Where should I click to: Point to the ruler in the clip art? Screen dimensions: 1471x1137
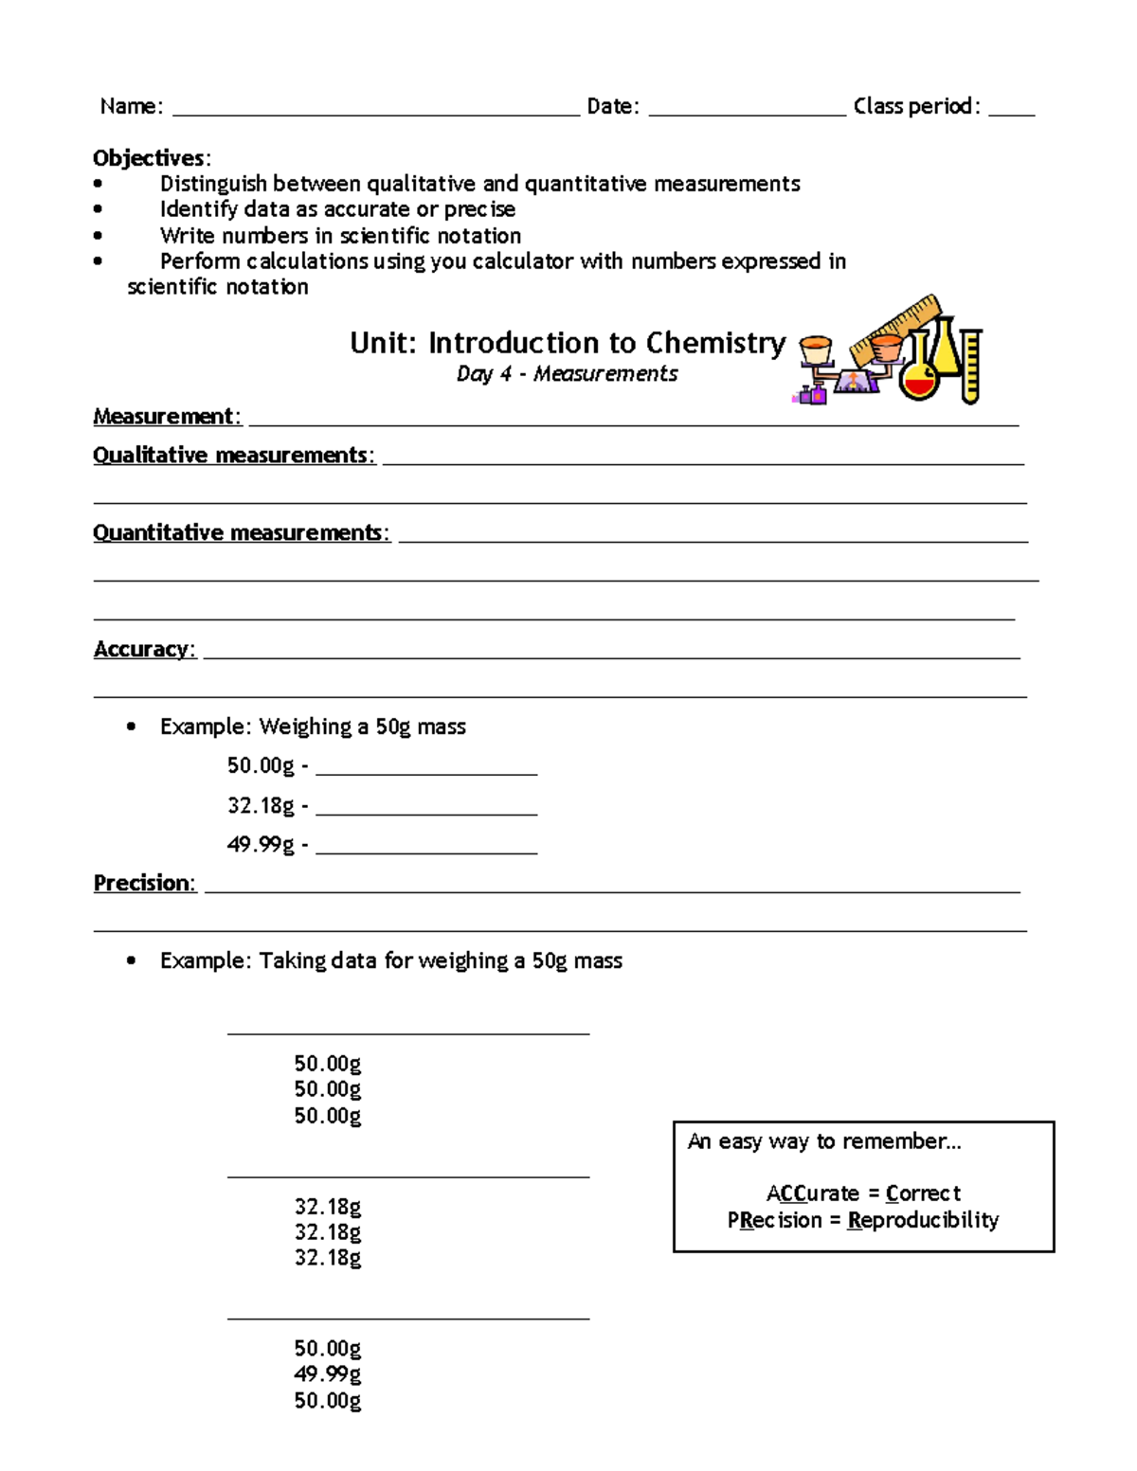(x=895, y=327)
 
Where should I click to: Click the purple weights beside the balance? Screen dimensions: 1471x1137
(x=812, y=394)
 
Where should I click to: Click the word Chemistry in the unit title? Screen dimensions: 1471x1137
(x=715, y=343)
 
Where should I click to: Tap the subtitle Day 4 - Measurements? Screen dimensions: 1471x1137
(x=567, y=374)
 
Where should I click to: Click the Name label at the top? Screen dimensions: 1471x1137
(x=131, y=106)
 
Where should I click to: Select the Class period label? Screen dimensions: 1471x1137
(x=915, y=106)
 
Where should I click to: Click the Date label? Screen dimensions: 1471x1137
(x=612, y=106)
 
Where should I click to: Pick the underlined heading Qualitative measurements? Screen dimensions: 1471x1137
(x=233, y=456)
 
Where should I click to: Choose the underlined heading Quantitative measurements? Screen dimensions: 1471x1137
(x=240, y=533)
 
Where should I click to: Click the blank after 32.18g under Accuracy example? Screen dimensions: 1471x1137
(x=426, y=810)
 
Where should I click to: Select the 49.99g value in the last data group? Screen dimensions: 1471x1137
(x=327, y=1374)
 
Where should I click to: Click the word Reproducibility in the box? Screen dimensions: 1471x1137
(x=923, y=1220)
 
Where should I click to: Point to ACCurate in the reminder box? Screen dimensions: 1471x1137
(x=812, y=1193)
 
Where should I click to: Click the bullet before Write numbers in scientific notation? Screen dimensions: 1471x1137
(x=99, y=236)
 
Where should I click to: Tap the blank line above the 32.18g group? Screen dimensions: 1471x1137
(x=407, y=1175)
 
